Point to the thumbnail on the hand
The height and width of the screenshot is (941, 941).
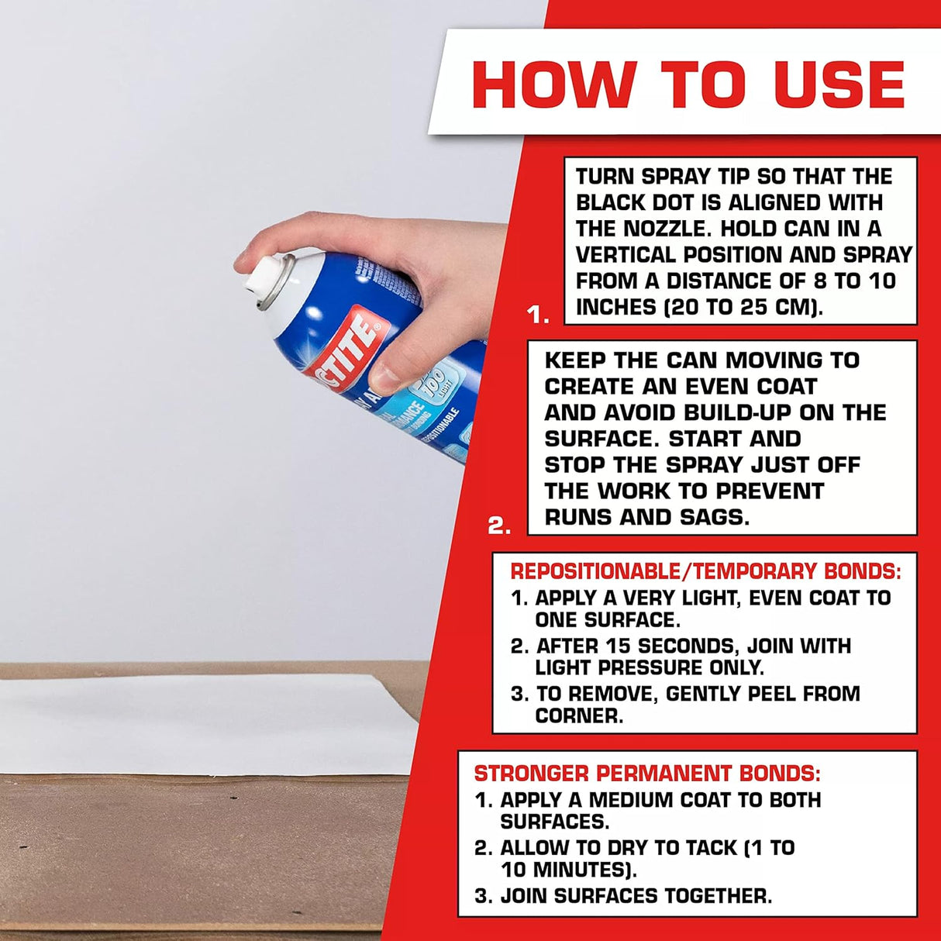(384, 377)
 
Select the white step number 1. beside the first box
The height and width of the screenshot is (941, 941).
(538, 315)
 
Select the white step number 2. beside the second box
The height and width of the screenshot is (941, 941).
(499, 526)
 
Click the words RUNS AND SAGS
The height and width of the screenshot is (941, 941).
(646, 517)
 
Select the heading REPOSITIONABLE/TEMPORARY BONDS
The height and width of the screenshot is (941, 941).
(705, 572)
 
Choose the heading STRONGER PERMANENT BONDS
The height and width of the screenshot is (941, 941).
(647, 774)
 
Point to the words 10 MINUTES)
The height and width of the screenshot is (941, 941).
(569, 870)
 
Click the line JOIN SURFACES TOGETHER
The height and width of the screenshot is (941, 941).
(636, 896)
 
